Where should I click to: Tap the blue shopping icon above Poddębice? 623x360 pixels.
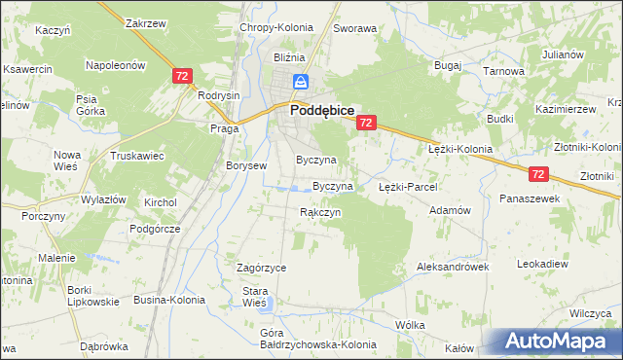pyautogui.click(x=302, y=82)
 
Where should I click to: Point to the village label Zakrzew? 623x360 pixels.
pyautogui.click(x=145, y=22)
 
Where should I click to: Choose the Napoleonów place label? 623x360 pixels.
pyautogui.click(x=116, y=65)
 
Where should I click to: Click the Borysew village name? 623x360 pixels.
pyautogui.click(x=246, y=166)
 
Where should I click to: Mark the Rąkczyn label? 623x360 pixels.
pyautogui.click(x=319, y=212)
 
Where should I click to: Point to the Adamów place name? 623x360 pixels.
pyautogui.click(x=450, y=210)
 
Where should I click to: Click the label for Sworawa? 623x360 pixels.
pyautogui.click(x=354, y=29)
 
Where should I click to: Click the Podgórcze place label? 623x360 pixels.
pyautogui.click(x=155, y=229)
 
